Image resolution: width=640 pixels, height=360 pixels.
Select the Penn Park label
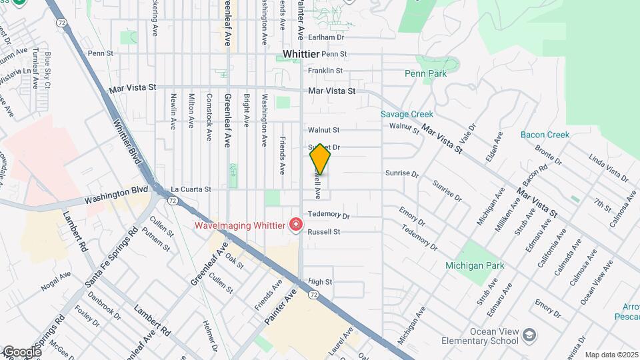426,73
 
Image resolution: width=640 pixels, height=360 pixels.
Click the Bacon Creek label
545,135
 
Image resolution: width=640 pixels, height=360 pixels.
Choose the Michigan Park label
475,265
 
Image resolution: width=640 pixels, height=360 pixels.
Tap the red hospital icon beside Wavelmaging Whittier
295,225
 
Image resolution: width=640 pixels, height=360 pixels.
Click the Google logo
22,352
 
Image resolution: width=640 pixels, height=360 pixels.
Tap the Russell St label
324,232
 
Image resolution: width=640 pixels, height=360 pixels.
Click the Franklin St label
325,70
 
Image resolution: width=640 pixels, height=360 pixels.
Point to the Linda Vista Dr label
608,168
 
